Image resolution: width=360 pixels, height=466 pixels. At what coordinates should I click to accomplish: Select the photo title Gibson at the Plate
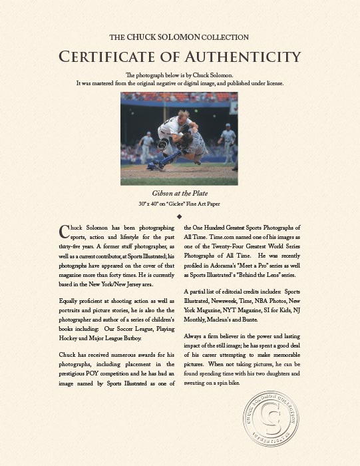coord(180,193)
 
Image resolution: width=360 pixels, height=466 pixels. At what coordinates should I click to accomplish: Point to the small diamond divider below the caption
coord(180,216)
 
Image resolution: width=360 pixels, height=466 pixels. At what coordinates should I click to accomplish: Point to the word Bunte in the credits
coord(268,320)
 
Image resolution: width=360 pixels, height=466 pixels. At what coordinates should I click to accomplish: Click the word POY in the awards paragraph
coord(110,375)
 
